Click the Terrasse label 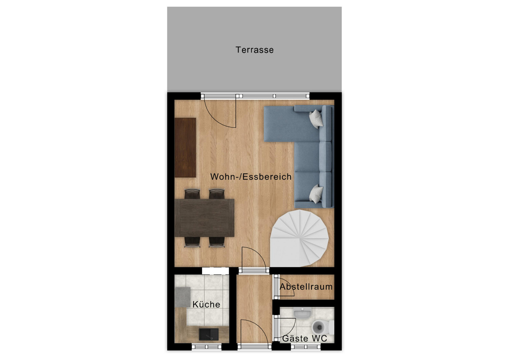coord(254,50)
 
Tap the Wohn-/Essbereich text coord(251,177)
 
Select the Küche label coord(206,304)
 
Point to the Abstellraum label coord(306,287)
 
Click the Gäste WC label coord(305,339)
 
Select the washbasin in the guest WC coord(302,313)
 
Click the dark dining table coord(204,218)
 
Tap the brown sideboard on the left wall coord(185,147)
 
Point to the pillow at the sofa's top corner coord(316,118)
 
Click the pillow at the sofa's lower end coord(316,194)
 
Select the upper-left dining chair coord(192,194)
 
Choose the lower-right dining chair coord(216,242)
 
